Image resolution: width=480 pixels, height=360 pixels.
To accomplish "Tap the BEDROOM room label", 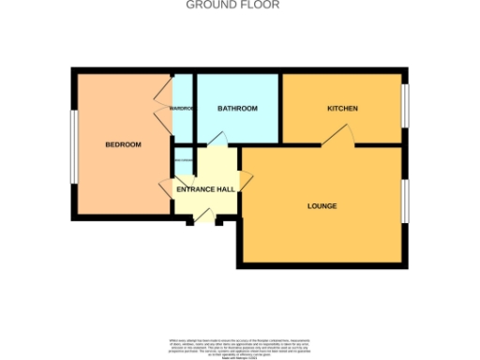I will [123, 144].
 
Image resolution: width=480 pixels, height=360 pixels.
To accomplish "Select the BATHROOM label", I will [237, 109].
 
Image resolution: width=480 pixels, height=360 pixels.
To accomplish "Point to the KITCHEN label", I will [342, 109].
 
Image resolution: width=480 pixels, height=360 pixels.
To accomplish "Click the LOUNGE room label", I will [322, 205].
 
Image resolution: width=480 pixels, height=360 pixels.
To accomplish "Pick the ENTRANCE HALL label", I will [205, 190].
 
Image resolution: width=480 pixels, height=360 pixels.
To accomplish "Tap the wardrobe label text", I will [181, 109].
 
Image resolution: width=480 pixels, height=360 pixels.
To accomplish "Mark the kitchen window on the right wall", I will [406, 108].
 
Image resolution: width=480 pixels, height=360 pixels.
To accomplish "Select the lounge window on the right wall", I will [406, 201].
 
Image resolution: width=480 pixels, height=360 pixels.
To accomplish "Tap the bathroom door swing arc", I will [217, 139].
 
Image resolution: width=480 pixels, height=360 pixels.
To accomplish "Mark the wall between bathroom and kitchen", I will [281, 108].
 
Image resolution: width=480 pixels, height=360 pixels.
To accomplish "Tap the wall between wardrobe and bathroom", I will [193, 108].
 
